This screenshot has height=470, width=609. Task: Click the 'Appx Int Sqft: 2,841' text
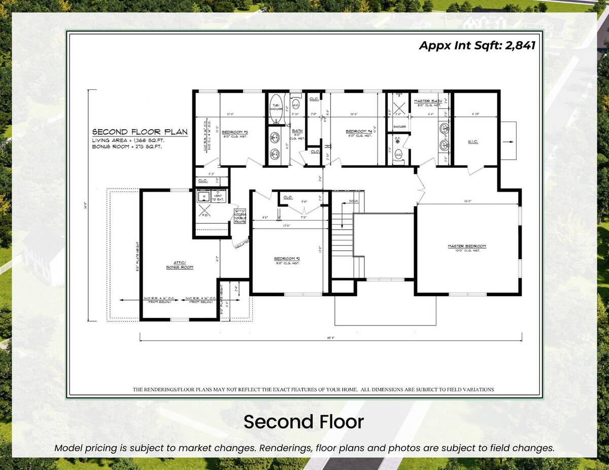[x=477, y=45]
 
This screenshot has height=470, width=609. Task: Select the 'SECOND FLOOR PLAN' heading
[x=140, y=131]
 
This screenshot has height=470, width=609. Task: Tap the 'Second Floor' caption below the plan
[x=303, y=422]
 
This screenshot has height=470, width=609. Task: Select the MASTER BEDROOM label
[x=466, y=246]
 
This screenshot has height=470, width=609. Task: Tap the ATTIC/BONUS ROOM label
[x=179, y=265]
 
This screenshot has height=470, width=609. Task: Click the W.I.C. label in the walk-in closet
[x=472, y=142]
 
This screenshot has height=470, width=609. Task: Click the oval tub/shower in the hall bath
[x=276, y=107]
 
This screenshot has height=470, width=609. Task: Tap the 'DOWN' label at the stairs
[x=354, y=201]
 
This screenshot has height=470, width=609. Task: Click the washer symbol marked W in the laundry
[x=204, y=195]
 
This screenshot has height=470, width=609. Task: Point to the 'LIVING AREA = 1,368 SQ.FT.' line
[x=128, y=140]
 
